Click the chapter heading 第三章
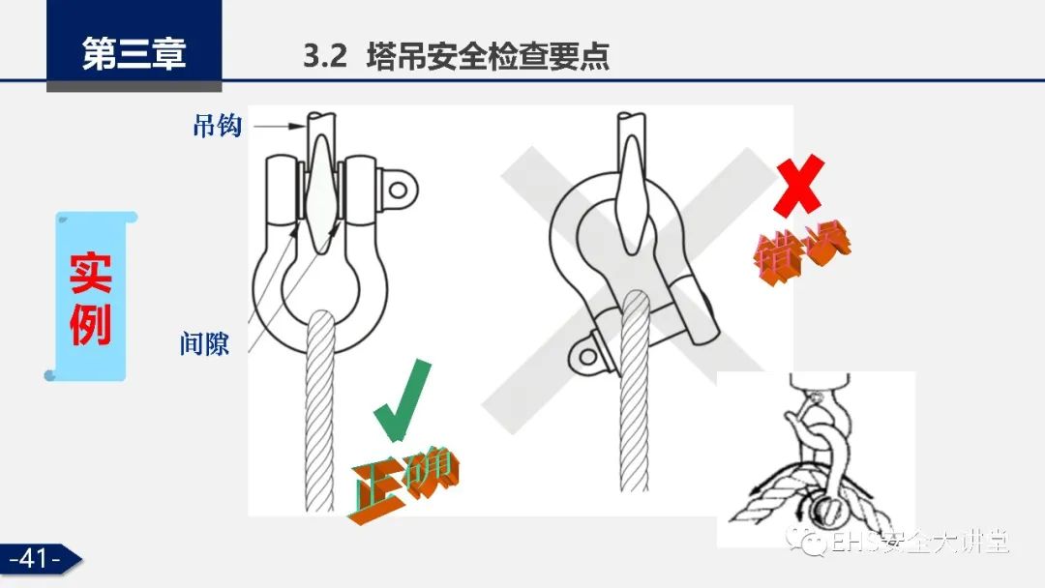point(134,53)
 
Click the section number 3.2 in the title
point(325,56)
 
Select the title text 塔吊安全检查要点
point(488,56)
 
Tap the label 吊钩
point(218,125)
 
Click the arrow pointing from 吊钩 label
point(280,125)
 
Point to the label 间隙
point(204,343)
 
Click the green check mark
point(402,399)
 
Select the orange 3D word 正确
point(403,485)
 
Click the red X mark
point(799,185)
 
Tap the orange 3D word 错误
point(802,251)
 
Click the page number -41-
point(35,558)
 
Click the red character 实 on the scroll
point(91,273)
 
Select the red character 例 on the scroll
point(91,324)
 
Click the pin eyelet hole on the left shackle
point(398,191)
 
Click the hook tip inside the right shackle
point(629,247)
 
